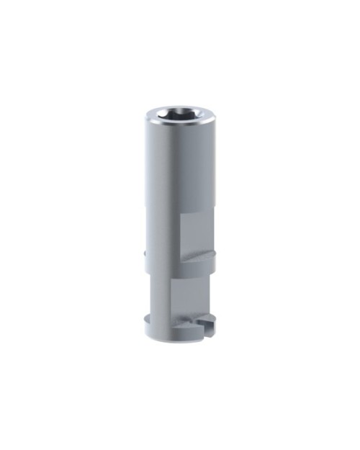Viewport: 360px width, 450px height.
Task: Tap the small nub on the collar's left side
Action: (x=145, y=253)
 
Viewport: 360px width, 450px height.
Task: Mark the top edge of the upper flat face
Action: (x=196, y=213)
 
